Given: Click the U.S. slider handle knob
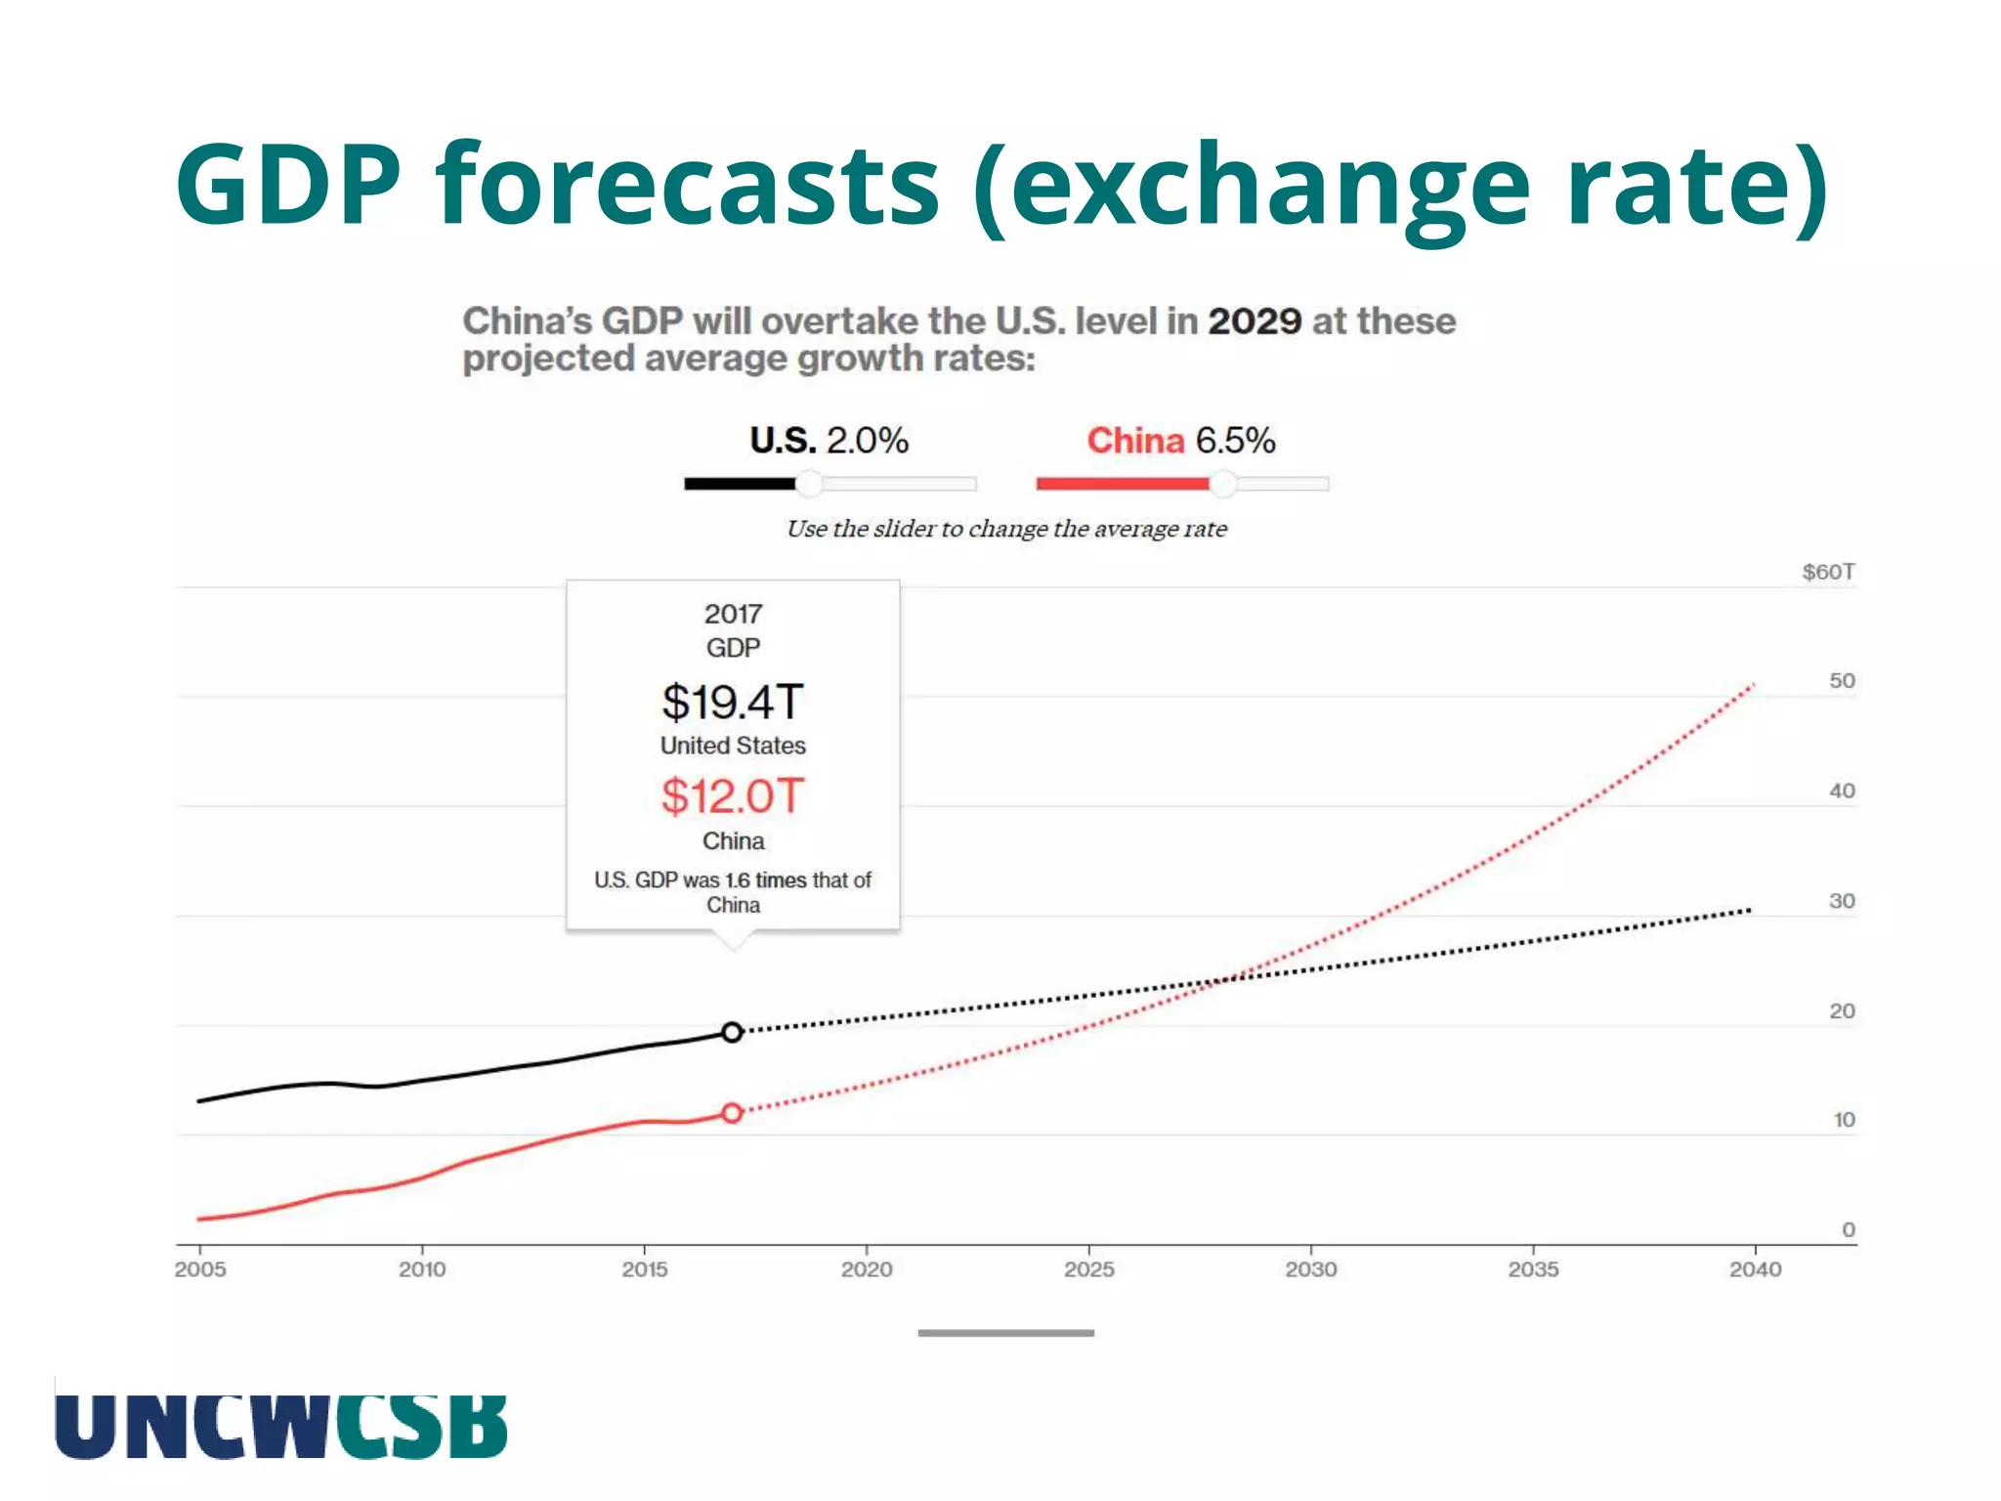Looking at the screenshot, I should (809, 483).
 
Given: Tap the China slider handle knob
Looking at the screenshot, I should (1222, 483).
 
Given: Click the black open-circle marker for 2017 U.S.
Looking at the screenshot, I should (732, 1032).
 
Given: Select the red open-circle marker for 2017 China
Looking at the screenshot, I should (732, 1112).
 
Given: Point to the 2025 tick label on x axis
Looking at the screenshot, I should (1088, 1269).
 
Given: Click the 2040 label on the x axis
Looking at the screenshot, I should (1755, 1269).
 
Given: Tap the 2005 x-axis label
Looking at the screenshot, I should (200, 1269).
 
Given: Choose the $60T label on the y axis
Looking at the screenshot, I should (1828, 572).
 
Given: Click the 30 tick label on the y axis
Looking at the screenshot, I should (1842, 901).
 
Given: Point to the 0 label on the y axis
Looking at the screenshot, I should (1848, 1229).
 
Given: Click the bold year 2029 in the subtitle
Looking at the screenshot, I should (1255, 322).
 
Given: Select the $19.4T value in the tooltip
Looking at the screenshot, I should (733, 702).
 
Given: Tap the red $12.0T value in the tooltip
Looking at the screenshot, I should (733, 795).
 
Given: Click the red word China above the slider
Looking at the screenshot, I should (1134, 441).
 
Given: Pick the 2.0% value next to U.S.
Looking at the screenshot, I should (868, 441).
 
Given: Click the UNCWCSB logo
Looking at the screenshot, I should (281, 1426).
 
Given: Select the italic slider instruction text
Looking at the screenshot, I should (1006, 529).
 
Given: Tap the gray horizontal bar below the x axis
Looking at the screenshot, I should (1005, 1333).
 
